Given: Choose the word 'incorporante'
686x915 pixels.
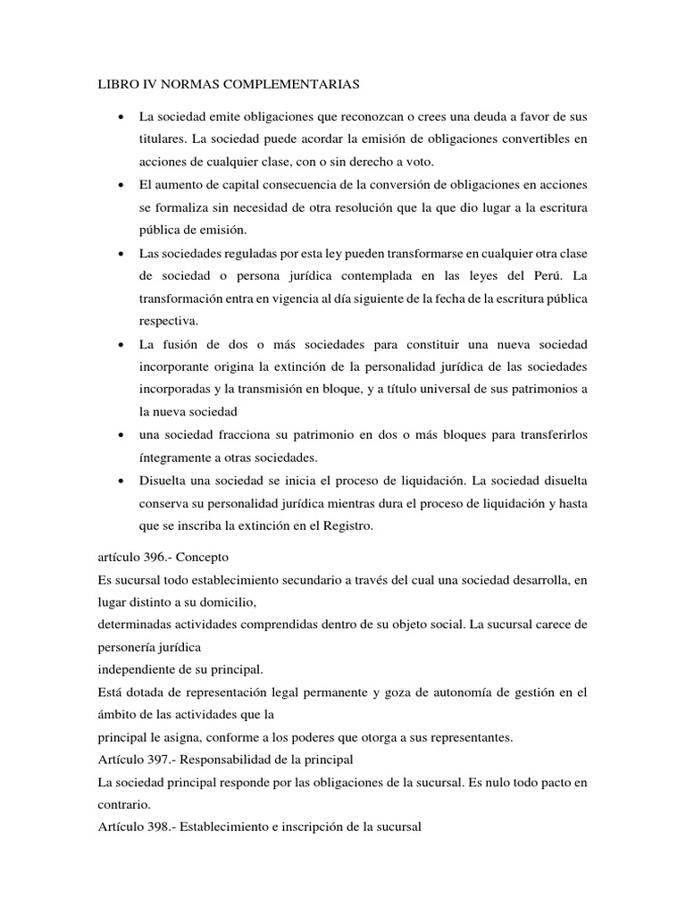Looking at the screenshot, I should pyautogui.click(x=176, y=367).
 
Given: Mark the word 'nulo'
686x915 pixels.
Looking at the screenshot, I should pyautogui.click(x=479, y=782).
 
